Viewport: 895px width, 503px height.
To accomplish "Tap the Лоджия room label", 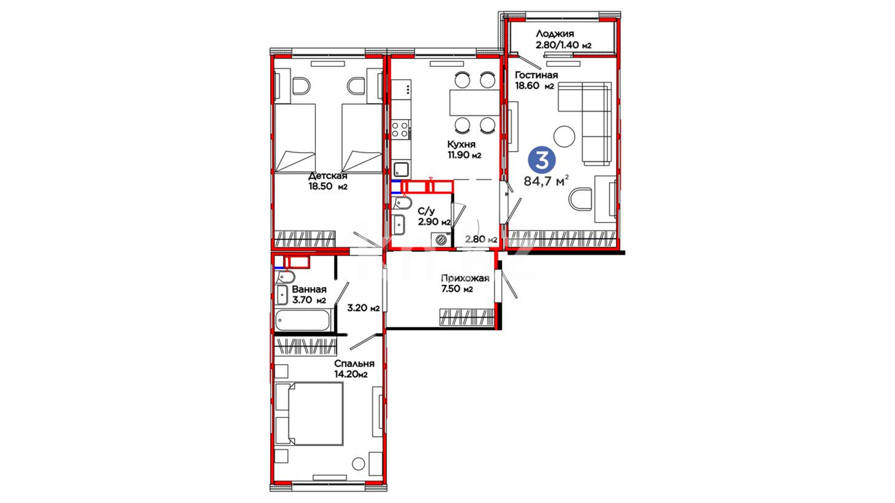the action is click(555, 34).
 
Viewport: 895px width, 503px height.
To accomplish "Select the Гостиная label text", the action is click(536, 75).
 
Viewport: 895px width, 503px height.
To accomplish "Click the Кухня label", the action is click(461, 144).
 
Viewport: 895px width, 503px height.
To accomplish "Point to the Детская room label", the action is click(328, 176).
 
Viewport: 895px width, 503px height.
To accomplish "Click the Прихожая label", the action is click(465, 279).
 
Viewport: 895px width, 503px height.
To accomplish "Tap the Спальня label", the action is click(354, 364).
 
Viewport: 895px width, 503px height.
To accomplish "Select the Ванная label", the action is click(309, 290).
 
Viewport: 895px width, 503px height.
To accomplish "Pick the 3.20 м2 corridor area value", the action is click(364, 308).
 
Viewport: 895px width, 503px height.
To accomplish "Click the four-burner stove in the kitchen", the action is click(400, 129).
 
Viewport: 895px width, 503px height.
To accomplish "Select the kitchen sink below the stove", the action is click(401, 169).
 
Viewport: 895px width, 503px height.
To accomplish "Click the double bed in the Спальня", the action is click(309, 414).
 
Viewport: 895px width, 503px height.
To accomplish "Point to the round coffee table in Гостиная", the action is click(564, 136).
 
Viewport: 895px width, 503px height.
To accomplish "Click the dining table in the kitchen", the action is click(475, 102).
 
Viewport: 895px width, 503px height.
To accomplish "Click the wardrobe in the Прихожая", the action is click(467, 317).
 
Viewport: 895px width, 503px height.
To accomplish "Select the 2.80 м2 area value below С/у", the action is click(481, 239).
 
